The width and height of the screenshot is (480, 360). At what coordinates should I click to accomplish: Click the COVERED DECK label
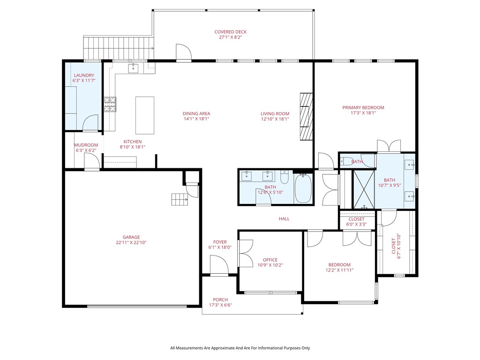230,32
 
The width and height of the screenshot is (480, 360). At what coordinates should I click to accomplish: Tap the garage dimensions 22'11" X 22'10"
128,243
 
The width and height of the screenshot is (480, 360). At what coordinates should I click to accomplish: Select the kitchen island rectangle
145,115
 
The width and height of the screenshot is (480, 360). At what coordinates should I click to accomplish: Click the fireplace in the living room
306,116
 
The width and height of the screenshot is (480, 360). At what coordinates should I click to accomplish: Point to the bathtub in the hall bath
303,188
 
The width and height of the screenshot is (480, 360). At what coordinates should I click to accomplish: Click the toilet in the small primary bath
345,162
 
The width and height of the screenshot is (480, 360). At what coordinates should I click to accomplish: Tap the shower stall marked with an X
364,189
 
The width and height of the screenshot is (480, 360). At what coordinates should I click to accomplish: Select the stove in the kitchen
110,104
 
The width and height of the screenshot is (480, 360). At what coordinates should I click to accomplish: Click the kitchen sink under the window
134,67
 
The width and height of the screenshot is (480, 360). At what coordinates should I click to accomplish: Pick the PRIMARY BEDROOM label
363,107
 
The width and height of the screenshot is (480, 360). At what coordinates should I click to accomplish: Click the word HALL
284,219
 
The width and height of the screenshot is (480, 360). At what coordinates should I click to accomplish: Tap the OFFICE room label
270,260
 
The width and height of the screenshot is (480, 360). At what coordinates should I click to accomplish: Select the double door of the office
245,254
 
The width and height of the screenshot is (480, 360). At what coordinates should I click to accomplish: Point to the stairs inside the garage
179,200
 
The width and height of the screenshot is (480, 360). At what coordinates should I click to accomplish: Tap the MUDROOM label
86,145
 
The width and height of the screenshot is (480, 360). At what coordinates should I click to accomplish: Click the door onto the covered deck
183,52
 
